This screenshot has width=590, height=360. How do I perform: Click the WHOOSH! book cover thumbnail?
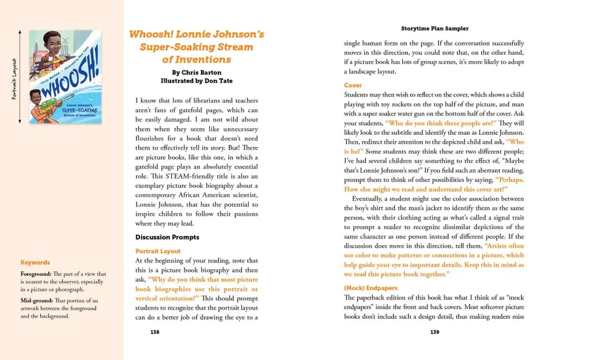65,77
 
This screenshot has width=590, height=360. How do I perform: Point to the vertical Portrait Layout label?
14,78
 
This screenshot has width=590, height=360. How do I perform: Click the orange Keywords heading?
35,263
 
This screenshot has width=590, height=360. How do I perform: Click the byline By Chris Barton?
196,73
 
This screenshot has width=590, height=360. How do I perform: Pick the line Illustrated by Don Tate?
196,81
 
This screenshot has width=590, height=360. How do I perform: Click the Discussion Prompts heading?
167,237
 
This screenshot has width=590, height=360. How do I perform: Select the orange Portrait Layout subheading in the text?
158,251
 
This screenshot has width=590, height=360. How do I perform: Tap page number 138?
155,332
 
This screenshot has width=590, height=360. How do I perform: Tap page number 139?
434,332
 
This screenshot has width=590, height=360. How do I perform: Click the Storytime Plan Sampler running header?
434,28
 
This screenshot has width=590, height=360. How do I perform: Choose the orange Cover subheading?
353,85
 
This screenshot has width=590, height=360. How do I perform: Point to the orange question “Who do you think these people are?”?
441,123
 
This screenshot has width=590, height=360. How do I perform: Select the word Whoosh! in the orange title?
150,35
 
